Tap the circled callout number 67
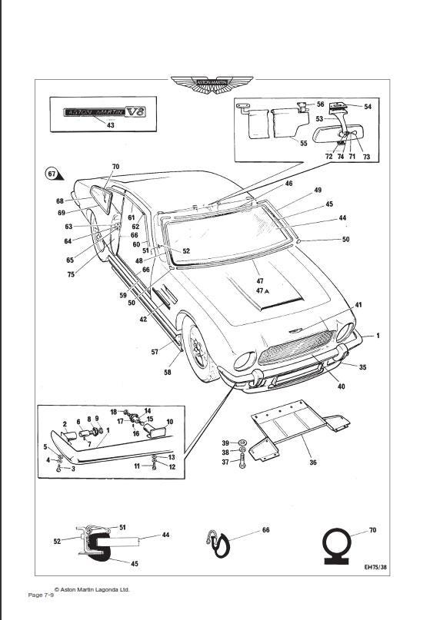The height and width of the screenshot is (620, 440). click(x=52, y=173)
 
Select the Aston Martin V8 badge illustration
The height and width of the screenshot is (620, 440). click(x=104, y=111)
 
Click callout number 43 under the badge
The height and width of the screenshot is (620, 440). click(x=110, y=124)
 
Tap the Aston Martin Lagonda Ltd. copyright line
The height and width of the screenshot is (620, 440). click(x=92, y=589)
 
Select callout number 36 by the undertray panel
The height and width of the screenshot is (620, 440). click(x=312, y=463)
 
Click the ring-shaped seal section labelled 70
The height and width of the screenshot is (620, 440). click(x=337, y=544)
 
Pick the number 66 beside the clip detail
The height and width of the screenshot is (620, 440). click(x=266, y=530)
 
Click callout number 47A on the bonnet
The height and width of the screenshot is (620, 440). click(x=262, y=291)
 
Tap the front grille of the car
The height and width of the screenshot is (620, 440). click(x=296, y=347)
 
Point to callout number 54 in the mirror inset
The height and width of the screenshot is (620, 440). click(x=368, y=107)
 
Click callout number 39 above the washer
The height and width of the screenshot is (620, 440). click(x=225, y=443)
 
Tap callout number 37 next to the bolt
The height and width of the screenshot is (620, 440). click(x=225, y=462)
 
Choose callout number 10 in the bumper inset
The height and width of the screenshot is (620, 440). click(x=170, y=422)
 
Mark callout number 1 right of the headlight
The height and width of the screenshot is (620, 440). click(x=377, y=337)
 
